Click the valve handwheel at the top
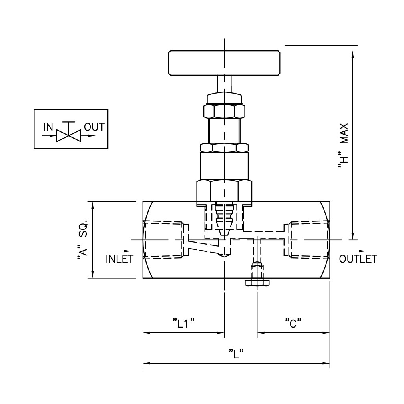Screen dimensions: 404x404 click(x=224, y=63)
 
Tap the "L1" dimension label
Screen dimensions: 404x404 click(x=183, y=323)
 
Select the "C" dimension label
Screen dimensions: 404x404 click(x=293, y=323)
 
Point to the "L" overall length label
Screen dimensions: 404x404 click(x=236, y=354)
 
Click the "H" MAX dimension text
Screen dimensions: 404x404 click(x=343, y=146)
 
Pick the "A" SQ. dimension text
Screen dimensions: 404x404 click(x=83, y=241)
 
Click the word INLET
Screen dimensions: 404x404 click(x=119, y=259)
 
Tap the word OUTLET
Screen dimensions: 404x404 click(x=358, y=259)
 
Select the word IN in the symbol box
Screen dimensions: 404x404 click(x=48, y=127)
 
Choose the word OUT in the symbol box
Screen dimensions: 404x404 click(x=94, y=127)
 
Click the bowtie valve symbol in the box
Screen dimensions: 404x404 click(x=69, y=135)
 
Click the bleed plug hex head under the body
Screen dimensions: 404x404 click(x=257, y=283)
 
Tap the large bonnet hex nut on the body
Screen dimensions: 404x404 click(x=224, y=191)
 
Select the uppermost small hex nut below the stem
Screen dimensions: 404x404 click(x=224, y=111)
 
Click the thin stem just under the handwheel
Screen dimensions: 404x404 click(x=224, y=84)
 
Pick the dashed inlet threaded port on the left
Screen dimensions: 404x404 click(x=165, y=239)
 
